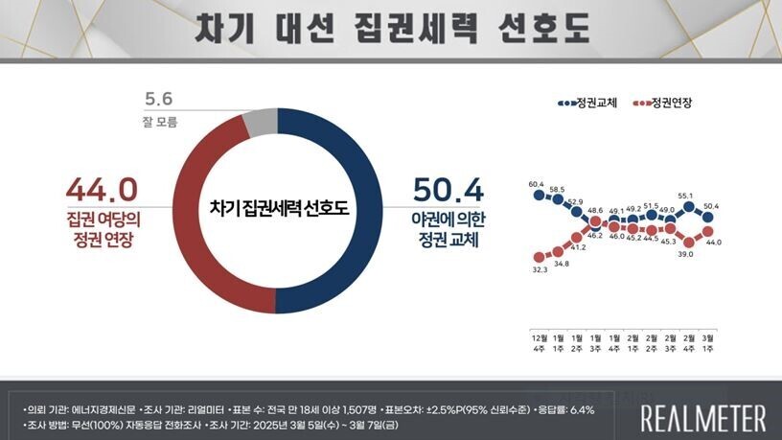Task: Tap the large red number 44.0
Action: tap(102, 186)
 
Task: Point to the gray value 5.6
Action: tap(157, 98)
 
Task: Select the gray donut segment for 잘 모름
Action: tap(260, 122)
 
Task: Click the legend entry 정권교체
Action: tap(587, 103)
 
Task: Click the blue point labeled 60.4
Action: tap(539, 196)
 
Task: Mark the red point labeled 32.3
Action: tap(539, 257)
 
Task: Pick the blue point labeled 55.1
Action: tap(688, 206)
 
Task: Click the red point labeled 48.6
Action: tap(595, 221)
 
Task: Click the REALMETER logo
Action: tap(702, 418)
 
